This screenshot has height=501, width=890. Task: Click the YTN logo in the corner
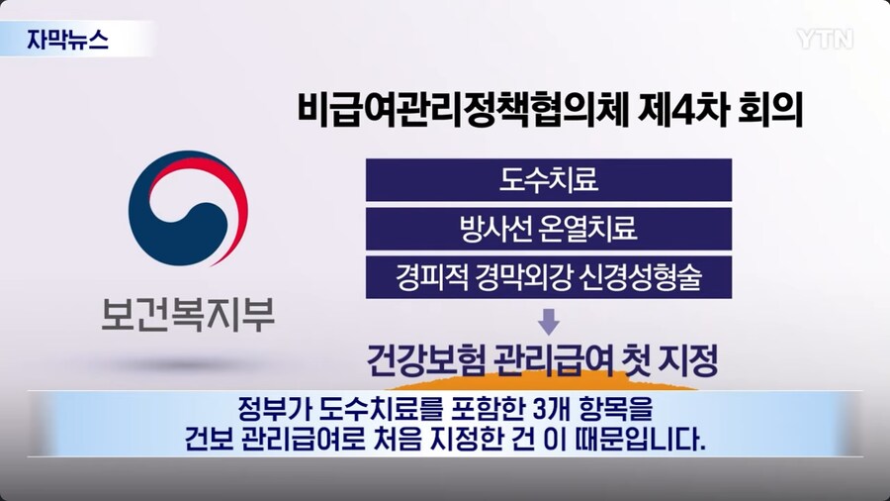(824, 39)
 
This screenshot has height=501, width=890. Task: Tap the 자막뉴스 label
(68, 41)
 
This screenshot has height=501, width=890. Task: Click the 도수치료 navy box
(548, 181)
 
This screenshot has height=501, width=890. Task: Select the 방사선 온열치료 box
(548, 230)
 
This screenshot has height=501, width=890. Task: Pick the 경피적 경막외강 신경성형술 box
(548, 277)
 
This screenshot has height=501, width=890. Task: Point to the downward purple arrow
(548, 322)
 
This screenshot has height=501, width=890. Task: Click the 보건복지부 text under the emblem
(187, 315)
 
